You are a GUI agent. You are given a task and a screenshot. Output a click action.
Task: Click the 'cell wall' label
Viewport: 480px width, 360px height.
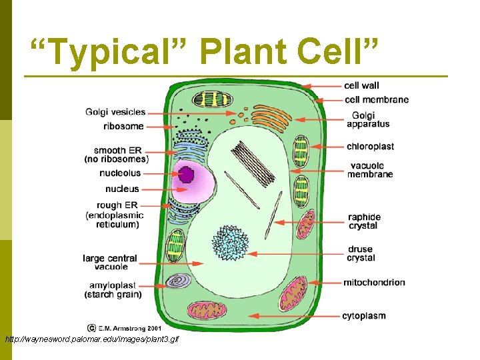pyautogui.click(x=361, y=85)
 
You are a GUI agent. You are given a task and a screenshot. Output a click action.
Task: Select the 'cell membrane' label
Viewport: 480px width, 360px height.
pyautogui.click(x=376, y=100)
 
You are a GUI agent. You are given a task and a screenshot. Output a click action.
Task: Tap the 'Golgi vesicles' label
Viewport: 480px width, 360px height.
pyautogui.click(x=115, y=112)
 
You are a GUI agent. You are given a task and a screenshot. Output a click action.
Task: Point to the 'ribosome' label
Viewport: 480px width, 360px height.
pyautogui.click(x=123, y=126)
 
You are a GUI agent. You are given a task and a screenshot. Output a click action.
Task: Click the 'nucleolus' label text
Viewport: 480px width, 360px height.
pyautogui.click(x=119, y=173)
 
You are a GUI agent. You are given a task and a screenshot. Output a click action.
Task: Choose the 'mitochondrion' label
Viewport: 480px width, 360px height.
pyautogui.click(x=374, y=283)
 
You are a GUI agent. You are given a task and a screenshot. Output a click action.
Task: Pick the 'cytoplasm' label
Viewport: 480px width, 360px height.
pyautogui.click(x=364, y=315)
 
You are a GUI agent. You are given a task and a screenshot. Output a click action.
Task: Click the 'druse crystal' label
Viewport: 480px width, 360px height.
pyautogui.click(x=361, y=254)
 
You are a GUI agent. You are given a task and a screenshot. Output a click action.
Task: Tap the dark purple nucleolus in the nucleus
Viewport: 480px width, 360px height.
pyautogui.click(x=185, y=175)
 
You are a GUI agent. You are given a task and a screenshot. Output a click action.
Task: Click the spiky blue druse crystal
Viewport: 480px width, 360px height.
pyautogui.click(x=230, y=243)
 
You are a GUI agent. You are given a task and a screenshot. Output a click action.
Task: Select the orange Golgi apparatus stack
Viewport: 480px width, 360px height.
pyautogui.click(x=272, y=117)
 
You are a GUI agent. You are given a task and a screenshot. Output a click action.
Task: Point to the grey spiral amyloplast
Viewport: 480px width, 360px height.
pyautogui.click(x=178, y=281)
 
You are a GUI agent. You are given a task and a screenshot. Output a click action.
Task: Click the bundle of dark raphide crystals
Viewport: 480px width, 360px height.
pyautogui.click(x=255, y=164)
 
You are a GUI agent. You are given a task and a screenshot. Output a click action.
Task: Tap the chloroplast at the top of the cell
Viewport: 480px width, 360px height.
pyautogui.click(x=211, y=99)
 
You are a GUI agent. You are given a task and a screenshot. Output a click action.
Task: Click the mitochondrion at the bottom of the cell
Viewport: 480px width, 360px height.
pyautogui.click(x=207, y=309)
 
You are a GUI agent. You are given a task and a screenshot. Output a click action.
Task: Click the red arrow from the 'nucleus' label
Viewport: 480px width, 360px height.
pyautogui.click(x=160, y=189)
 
